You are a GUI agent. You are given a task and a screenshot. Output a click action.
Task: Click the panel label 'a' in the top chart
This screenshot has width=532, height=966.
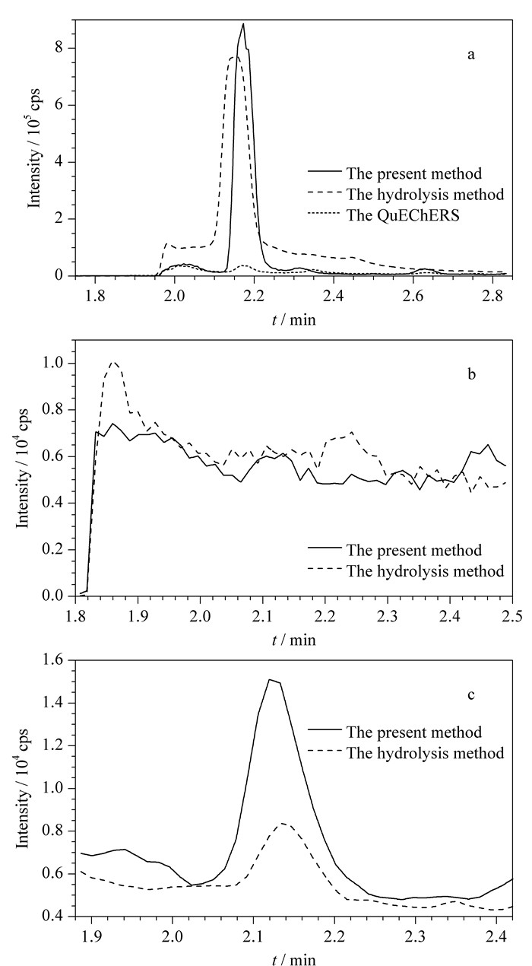[471, 56]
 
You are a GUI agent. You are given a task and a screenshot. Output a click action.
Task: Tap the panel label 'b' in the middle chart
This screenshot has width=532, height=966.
[472, 374]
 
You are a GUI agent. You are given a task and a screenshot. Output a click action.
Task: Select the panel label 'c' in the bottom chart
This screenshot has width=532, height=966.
[471, 694]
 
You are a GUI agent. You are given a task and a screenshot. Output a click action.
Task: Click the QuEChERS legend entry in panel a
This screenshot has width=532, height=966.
[403, 215]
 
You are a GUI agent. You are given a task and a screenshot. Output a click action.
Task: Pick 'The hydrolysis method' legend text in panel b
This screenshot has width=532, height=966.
[425, 570]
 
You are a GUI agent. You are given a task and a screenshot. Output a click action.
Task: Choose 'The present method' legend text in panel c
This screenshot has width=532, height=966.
[414, 732]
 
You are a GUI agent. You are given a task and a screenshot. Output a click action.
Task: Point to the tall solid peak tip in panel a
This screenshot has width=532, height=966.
[243, 24]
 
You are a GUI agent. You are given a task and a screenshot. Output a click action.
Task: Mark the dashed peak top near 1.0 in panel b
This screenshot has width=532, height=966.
[114, 362]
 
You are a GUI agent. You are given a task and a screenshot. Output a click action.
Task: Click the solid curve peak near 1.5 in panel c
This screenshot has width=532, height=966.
[270, 680]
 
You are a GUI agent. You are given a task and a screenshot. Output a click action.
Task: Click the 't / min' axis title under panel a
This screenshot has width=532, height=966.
[293, 319]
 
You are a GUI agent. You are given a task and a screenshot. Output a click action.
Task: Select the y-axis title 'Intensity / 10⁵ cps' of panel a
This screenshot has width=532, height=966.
[35, 148]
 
